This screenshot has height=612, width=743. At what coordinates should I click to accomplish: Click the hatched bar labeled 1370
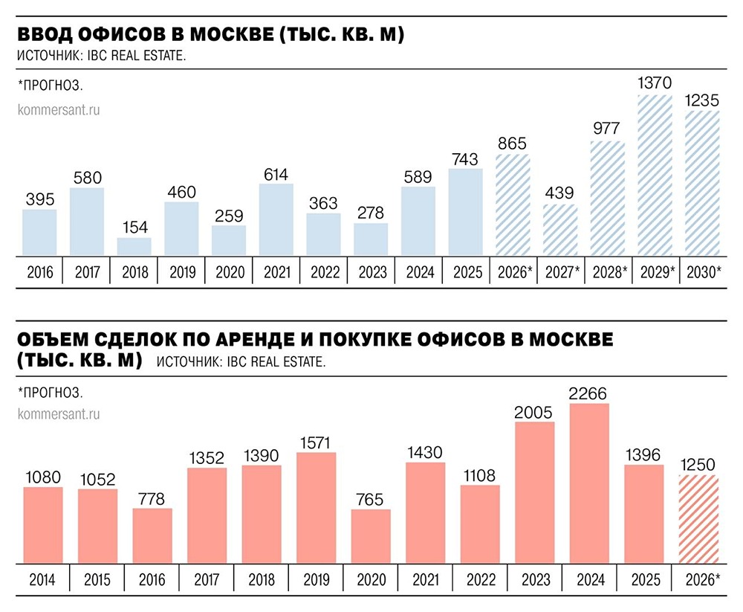655,175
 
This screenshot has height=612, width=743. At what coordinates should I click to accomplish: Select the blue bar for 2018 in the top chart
134,248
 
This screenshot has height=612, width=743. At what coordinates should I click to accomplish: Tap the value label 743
465,159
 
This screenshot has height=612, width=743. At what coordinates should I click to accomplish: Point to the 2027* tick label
560,273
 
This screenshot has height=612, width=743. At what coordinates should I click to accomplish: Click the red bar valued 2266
588,483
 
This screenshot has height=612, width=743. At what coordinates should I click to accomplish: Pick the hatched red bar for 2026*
698,519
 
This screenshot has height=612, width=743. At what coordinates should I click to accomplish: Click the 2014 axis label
42,578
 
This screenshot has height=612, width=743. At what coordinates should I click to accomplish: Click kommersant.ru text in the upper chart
58,109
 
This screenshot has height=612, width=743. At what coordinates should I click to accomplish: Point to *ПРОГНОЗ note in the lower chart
50,391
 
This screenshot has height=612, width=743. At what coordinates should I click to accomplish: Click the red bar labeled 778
152,535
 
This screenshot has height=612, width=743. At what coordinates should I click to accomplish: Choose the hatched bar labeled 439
560,231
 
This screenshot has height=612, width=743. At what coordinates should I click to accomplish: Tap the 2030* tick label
702,273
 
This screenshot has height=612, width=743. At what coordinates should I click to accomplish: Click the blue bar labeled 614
276,220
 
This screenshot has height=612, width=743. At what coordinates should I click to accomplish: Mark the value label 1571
316,443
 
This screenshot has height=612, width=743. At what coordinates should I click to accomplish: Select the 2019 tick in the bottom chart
316,578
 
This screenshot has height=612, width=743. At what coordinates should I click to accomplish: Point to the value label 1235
702,100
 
